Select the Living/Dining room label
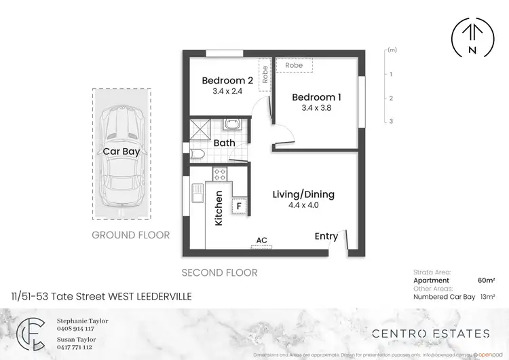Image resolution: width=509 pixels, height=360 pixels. click(x=303, y=194)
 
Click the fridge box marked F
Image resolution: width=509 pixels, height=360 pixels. click(x=238, y=206)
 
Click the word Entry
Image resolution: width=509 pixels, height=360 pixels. click(x=326, y=236)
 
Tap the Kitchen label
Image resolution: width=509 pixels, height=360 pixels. click(x=219, y=208)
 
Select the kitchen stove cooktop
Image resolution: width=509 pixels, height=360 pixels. click(x=221, y=174)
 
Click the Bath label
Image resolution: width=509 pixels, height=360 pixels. click(x=224, y=143)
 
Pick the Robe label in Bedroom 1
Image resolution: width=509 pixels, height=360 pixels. click(x=294, y=65)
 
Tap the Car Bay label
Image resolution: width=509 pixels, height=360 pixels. click(x=121, y=151)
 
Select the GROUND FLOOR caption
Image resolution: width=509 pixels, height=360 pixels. click(x=130, y=235)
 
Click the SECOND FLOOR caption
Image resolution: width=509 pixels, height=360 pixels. click(x=219, y=272)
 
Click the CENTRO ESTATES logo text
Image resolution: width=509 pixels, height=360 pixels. click(x=430, y=334)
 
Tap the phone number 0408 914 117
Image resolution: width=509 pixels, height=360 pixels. click(x=75, y=329)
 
